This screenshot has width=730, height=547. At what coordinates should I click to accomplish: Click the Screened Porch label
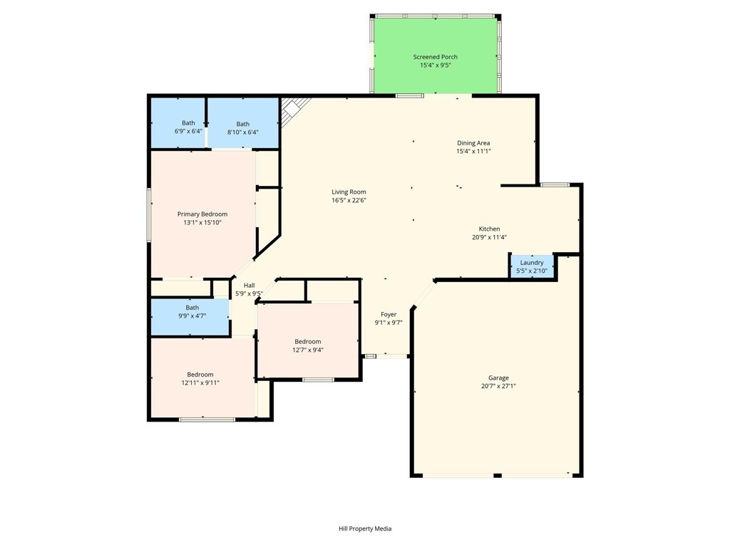[x=436, y=57]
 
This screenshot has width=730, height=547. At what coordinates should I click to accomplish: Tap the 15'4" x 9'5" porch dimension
[x=436, y=66]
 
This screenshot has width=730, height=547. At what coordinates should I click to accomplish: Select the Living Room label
[x=349, y=192]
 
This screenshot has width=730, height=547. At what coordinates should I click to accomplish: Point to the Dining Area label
[x=473, y=142]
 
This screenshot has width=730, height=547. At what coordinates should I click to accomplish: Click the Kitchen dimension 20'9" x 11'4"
[x=489, y=237]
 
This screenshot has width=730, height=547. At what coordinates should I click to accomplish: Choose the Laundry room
[x=532, y=266]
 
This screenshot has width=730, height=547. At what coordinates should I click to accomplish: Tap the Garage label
[x=498, y=377]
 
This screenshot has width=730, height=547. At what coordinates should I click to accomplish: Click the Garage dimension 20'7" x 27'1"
[x=498, y=386]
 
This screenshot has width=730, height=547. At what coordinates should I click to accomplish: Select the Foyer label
[x=389, y=314]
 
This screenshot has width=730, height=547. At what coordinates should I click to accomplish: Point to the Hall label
[x=249, y=285]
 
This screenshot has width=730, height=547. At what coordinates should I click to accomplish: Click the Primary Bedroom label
[x=202, y=214]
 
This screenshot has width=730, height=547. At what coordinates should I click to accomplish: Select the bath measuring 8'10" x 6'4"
[x=243, y=123]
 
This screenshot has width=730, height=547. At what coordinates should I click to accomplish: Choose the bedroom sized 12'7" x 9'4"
[x=308, y=340]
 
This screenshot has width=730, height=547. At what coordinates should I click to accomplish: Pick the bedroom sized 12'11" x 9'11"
[x=202, y=377]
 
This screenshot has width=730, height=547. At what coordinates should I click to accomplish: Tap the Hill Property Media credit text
[x=365, y=528]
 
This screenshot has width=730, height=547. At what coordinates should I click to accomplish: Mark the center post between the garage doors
[x=497, y=475]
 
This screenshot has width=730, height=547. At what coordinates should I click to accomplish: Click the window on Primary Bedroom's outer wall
[x=149, y=214]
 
